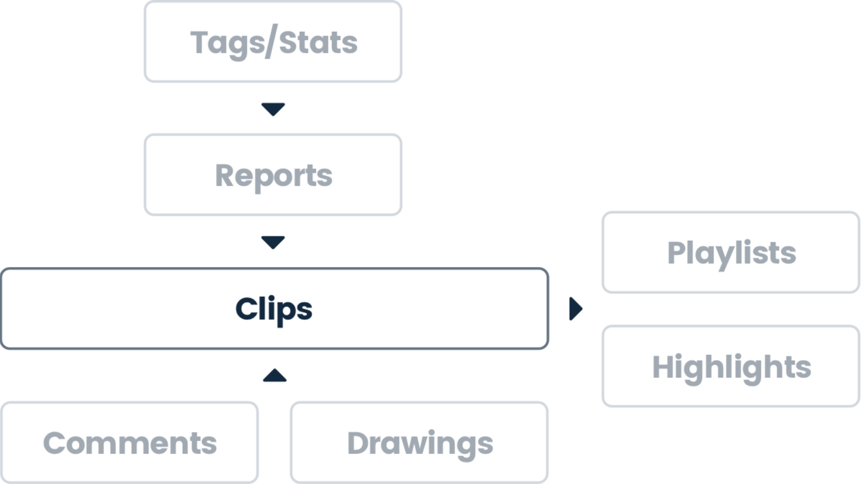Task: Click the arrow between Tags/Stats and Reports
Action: pyautogui.click(x=273, y=109)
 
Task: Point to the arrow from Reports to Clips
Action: pyautogui.click(x=273, y=242)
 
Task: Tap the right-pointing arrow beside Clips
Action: pyautogui.click(x=575, y=309)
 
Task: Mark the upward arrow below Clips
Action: pyautogui.click(x=274, y=375)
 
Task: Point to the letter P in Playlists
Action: pyautogui.click(x=677, y=253)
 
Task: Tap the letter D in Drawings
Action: pyautogui.click(x=359, y=443)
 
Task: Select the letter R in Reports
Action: pyautogui.click(x=225, y=176)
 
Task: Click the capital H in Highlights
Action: pyautogui.click(x=664, y=367)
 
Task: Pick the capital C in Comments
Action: pyautogui.click(x=54, y=443)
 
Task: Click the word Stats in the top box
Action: pyautogui.click(x=318, y=42)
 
